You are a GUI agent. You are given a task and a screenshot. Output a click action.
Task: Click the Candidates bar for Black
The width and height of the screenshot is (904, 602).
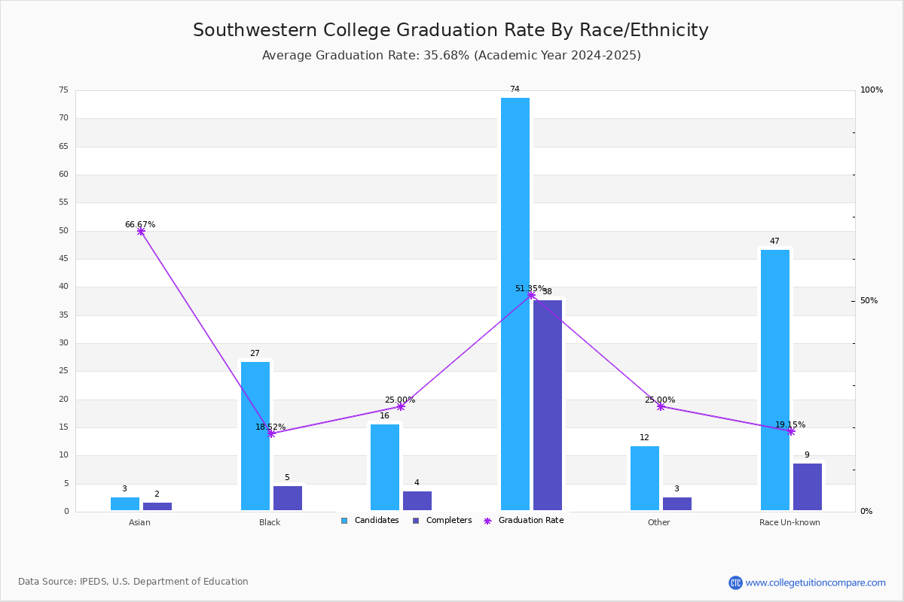(x=255, y=436)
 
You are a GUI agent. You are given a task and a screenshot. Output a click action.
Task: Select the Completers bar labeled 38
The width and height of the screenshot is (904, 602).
(x=547, y=406)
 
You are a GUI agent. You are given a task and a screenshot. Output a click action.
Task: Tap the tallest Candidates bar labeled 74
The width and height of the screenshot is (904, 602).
(x=515, y=304)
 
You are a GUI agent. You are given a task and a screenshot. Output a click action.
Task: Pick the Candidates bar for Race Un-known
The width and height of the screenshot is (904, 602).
(x=775, y=380)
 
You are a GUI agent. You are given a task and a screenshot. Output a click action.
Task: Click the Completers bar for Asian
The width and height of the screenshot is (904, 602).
(x=157, y=506)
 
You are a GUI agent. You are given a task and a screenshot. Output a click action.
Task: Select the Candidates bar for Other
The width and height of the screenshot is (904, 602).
(x=645, y=478)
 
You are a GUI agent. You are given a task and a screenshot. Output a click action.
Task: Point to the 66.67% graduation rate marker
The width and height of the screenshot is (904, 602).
(x=141, y=232)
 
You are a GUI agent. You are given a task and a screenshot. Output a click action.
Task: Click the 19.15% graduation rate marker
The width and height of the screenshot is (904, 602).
(x=791, y=432)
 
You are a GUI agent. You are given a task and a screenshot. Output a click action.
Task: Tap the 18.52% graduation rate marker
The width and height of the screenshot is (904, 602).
(x=271, y=434)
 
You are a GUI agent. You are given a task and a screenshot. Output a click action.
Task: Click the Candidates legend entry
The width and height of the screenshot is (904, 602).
(x=370, y=521)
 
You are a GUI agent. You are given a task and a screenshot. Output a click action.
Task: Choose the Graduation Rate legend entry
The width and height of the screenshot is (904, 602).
(x=524, y=521)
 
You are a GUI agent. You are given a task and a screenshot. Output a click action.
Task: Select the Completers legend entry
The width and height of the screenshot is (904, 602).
(x=442, y=521)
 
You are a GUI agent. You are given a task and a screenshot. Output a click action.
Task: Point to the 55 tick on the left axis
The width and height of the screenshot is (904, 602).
(x=64, y=202)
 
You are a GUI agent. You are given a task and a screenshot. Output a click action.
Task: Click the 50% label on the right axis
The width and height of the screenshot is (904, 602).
(x=869, y=300)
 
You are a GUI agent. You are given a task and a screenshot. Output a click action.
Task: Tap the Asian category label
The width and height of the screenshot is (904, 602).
(x=139, y=522)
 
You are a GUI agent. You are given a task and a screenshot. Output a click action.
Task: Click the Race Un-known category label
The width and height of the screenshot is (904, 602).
(x=789, y=522)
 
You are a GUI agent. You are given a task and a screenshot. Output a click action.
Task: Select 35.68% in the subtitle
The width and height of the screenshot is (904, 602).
(x=446, y=55)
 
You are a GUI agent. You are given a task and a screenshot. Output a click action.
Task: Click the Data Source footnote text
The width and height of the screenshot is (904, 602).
(x=133, y=582)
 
